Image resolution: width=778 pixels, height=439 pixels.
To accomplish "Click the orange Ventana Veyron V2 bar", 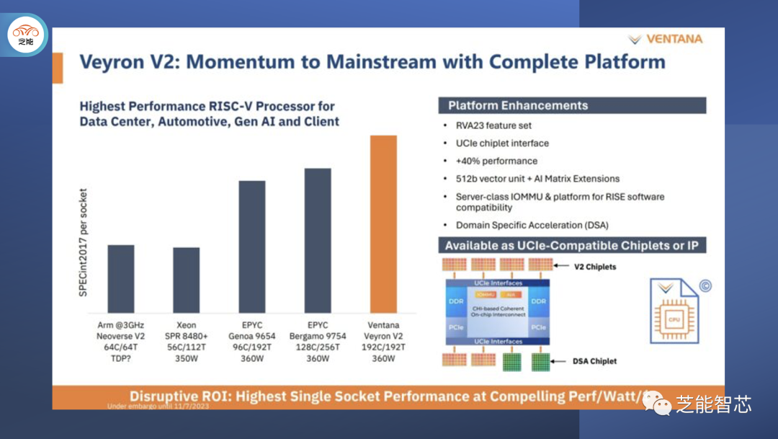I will point(383,224).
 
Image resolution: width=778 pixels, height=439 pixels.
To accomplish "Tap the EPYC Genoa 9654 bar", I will point(252,247).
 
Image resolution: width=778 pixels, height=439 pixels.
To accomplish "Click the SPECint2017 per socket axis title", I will point(83,244).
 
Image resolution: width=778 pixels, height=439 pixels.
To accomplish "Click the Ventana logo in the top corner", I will point(665,39).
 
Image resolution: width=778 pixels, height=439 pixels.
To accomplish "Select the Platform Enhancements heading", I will point(518,106).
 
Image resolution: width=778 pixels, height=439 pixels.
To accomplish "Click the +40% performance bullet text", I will point(496,161).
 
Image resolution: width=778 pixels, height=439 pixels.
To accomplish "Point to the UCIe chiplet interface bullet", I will point(502,143).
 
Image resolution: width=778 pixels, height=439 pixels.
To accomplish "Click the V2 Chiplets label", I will point(595,266).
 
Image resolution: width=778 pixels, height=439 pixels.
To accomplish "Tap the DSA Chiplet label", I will point(595,361).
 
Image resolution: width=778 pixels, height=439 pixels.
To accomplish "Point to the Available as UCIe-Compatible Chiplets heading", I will point(572,246).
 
